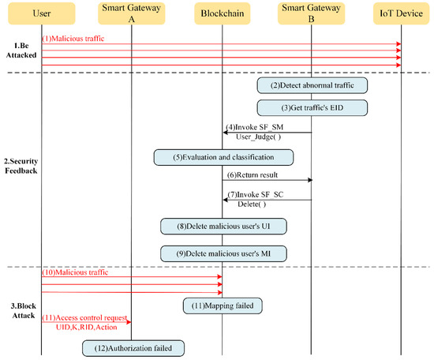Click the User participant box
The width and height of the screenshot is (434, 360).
coord(41,14)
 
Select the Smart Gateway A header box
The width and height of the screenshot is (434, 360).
coord(132,14)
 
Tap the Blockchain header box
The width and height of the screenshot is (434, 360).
coord(222,14)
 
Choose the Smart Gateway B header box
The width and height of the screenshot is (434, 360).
coord(312,14)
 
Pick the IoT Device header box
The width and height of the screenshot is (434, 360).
coord(402,14)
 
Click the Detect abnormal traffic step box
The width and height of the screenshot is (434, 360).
coord(312,84)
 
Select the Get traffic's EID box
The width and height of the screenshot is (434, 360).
coord(312,107)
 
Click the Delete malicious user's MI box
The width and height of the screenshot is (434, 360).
coord(222,253)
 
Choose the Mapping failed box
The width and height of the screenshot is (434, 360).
coord(222,303)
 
